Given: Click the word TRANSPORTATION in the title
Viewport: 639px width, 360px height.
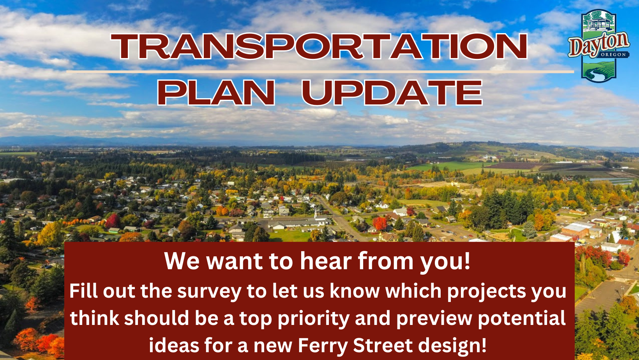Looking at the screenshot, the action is pyautogui.click(x=319, y=46).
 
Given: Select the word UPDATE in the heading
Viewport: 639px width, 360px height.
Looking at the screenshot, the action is pyautogui.click(x=392, y=93).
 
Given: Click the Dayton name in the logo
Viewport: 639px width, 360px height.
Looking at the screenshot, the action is pyautogui.click(x=598, y=45).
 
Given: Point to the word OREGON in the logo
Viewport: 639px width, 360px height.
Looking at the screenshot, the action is pyautogui.click(x=613, y=55).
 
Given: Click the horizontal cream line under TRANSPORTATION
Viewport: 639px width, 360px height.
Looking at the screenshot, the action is pyautogui.click(x=320, y=72).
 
